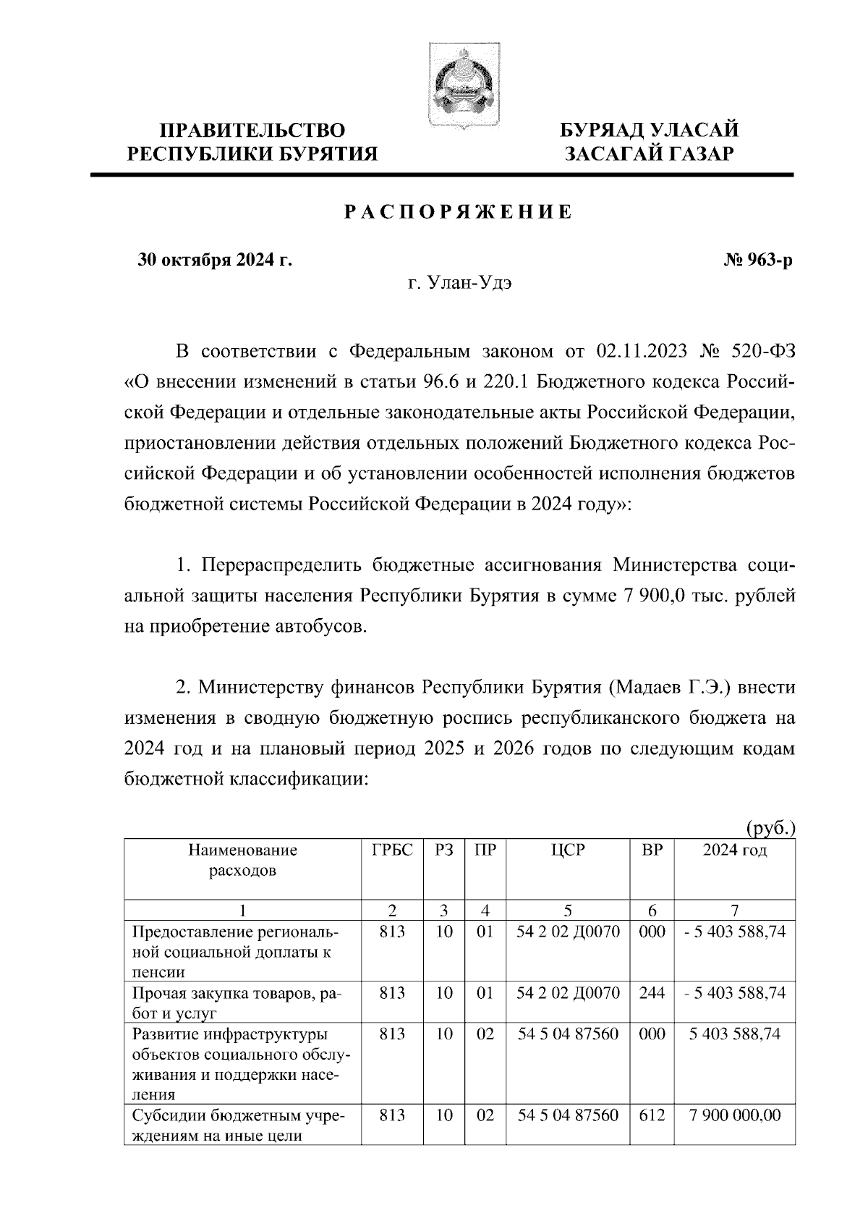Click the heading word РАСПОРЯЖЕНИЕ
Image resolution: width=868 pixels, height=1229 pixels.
(x=457, y=212)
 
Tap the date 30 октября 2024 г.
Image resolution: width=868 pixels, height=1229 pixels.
(x=216, y=260)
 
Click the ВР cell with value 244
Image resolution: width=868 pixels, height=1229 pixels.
(x=652, y=993)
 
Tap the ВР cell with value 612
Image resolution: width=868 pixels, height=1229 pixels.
(x=652, y=1115)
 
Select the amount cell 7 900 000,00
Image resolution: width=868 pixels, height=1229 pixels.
(x=735, y=1115)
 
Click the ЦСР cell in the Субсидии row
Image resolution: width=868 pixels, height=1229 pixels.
(x=568, y=1115)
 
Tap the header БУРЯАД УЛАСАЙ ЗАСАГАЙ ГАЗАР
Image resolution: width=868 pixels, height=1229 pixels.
(x=650, y=142)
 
